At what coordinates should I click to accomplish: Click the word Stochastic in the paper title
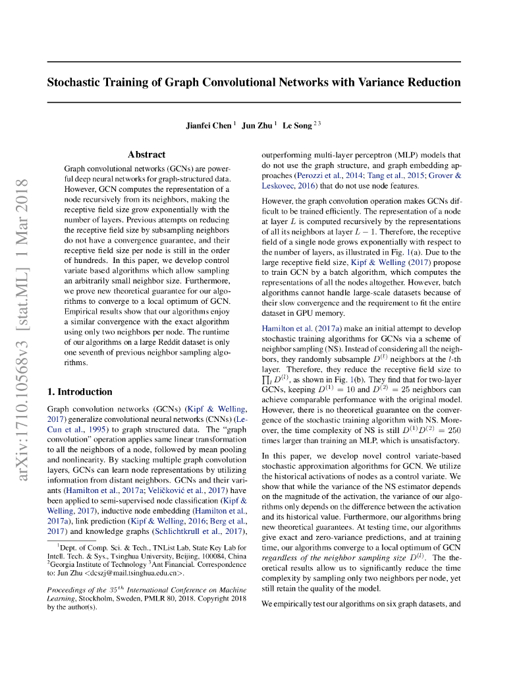75,82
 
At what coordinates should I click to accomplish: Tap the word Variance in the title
381,82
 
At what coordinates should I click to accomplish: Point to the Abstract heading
146,154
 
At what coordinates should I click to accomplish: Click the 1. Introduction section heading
80,392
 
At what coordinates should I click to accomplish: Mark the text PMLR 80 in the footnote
168,599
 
